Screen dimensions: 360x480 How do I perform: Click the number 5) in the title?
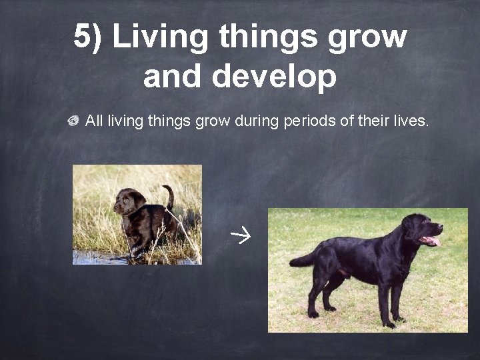pos(88,37)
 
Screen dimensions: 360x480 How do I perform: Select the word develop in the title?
pos(274,77)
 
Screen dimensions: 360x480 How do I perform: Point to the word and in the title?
pos(173,77)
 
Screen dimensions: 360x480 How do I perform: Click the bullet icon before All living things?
pos(73,121)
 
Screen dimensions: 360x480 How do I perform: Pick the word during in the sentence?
pos(252,121)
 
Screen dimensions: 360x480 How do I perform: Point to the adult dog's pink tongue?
pos(431,240)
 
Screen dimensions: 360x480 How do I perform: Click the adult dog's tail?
pos(303,259)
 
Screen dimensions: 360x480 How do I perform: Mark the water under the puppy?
pos(100,258)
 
